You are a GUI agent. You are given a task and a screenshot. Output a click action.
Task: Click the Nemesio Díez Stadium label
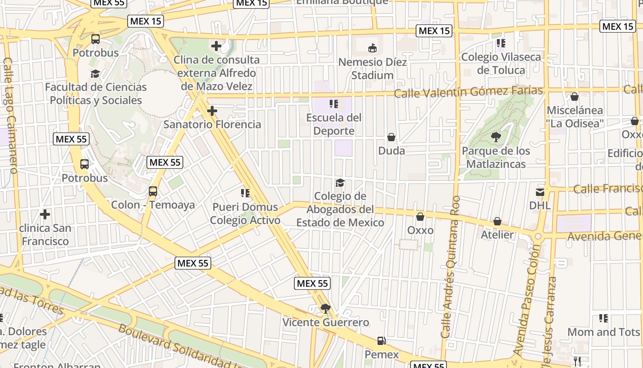372,69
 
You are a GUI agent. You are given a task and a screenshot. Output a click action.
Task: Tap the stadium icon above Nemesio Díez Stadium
372,48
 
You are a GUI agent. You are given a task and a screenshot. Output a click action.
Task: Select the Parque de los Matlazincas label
496,157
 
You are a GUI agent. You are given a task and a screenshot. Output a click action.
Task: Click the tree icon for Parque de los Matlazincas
496,137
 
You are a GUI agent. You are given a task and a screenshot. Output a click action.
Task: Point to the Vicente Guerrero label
326,322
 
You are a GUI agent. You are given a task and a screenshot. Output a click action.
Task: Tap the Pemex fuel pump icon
381,341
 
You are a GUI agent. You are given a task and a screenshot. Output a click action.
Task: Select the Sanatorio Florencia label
212,125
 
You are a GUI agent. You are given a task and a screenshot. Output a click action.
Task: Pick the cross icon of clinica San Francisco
45,214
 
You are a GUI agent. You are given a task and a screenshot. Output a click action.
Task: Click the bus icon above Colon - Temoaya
153,191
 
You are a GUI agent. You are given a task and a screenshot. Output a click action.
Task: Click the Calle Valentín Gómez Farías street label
468,92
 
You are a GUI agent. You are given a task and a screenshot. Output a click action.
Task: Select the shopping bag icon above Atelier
497,221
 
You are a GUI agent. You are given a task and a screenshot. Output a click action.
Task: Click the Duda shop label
391,151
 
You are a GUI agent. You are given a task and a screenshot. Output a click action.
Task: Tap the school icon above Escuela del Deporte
334,104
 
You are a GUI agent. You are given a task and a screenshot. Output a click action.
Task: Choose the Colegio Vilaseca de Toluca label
501,63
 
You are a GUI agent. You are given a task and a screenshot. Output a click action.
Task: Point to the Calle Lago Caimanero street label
10,115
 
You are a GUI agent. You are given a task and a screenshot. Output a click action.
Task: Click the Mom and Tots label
604,332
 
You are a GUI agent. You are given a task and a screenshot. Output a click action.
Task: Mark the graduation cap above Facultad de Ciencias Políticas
95,74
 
